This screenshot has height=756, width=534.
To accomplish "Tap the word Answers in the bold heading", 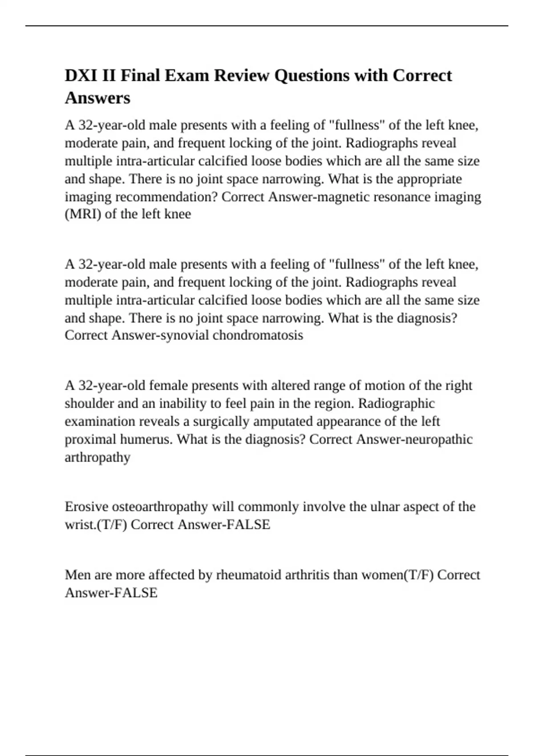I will click(97, 98).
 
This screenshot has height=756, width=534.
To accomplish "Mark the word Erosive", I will click(86, 507).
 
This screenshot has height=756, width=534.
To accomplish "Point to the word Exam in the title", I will click(187, 76).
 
